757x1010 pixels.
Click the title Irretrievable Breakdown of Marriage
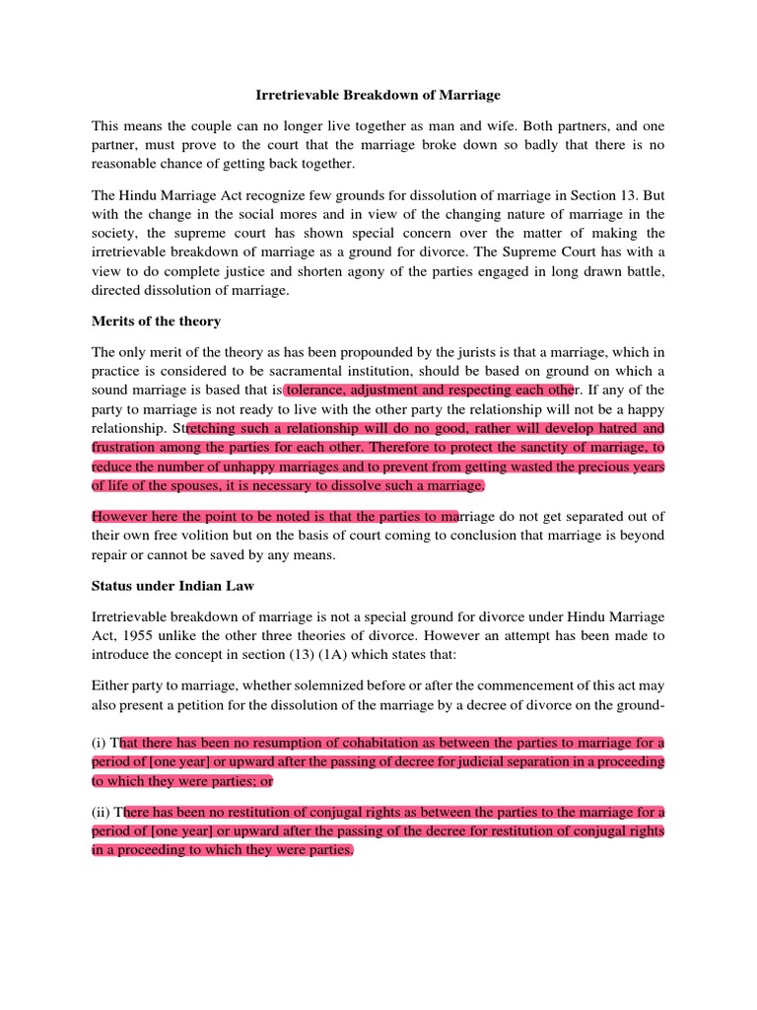pyautogui.click(x=378, y=96)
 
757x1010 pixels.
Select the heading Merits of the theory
pyautogui.click(x=155, y=322)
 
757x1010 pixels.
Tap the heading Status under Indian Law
pyautogui.click(x=172, y=586)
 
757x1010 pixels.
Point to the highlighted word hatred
pyautogui.click(x=619, y=428)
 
